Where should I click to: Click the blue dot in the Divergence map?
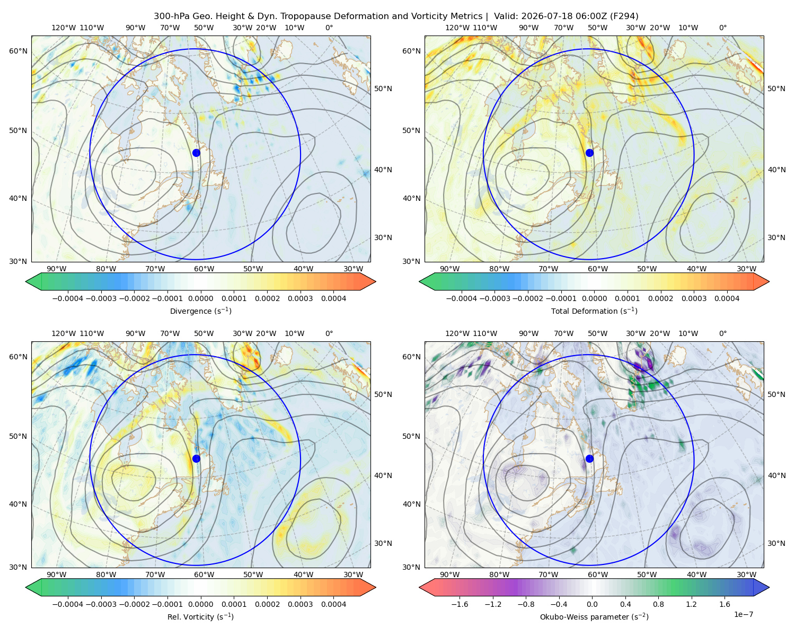coord(196,153)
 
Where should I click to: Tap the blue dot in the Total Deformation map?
coord(589,153)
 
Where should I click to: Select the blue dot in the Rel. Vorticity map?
coord(196,458)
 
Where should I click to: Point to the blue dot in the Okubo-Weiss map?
coord(589,458)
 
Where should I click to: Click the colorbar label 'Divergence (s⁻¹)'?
coord(200,311)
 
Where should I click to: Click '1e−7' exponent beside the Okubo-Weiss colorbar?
coord(743,614)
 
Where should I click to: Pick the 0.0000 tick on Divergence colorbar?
coord(200,298)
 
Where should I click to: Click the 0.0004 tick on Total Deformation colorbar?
coord(727,298)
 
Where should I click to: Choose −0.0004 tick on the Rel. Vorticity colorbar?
coord(68,604)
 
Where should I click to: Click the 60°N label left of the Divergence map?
coord(18,51)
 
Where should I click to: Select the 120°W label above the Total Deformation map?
coord(457,28)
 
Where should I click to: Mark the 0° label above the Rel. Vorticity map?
coord(329,333)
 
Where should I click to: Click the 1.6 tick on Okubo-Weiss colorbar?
coord(725,604)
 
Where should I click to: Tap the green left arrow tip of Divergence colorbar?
coord(26,281)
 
